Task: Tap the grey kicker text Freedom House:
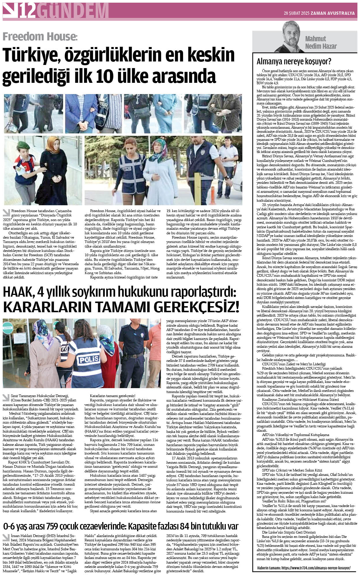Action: click(40, 37)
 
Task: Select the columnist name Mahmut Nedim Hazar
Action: click(321, 42)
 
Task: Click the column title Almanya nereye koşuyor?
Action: click(294, 61)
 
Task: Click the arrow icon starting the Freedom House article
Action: click(6, 213)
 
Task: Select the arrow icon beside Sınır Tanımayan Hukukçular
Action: click(6, 398)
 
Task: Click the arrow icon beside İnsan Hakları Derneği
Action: click(6, 537)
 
